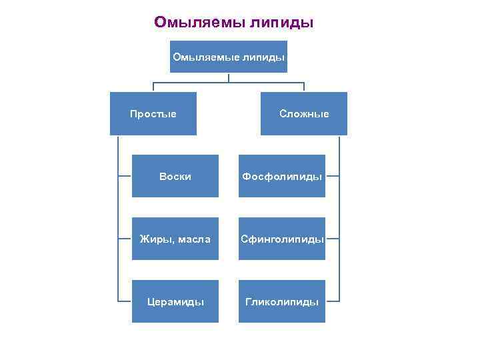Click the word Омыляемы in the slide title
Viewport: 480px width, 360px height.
pyautogui.click(x=199, y=23)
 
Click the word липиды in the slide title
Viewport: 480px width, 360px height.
pyautogui.click(x=281, y=23)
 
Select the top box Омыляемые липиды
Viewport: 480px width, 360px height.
pyautogui.click(x=229, y=58)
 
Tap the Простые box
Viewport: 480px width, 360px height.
pyautogui.click(x=153, y=114)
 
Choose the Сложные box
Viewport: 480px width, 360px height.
pyautogui.click(x=304, y=114)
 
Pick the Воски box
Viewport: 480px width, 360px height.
pyautogui.click(x=175, y=177)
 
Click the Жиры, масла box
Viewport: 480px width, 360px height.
pyautogui.click(x=175, y=239)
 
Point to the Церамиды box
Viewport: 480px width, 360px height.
pyautogui.click(x=175, y=301)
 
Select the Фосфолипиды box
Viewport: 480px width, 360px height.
pyautogui.click(x=282, y=177)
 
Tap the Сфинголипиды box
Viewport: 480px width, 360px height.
pyautogui.click(x=282, y=239)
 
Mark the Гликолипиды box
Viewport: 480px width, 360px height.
pyautogui.click(x=282, y=301)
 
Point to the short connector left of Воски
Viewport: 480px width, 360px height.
pyautogui.click(x=125, y=177)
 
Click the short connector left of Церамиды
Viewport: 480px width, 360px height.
pyautogui.click(x=125, y=301)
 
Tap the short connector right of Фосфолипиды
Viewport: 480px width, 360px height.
pyautogui.click(x=333, y=177)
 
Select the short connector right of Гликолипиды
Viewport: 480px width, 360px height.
pyautogui.click(x=333, y=301)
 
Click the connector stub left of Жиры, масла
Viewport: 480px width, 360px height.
pyautogui.click(x=125, y=239)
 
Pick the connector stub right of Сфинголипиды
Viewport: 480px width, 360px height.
pyautogui.click(x=333, y=239)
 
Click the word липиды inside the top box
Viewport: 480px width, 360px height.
pyautogui.click(x=266, y=58)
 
